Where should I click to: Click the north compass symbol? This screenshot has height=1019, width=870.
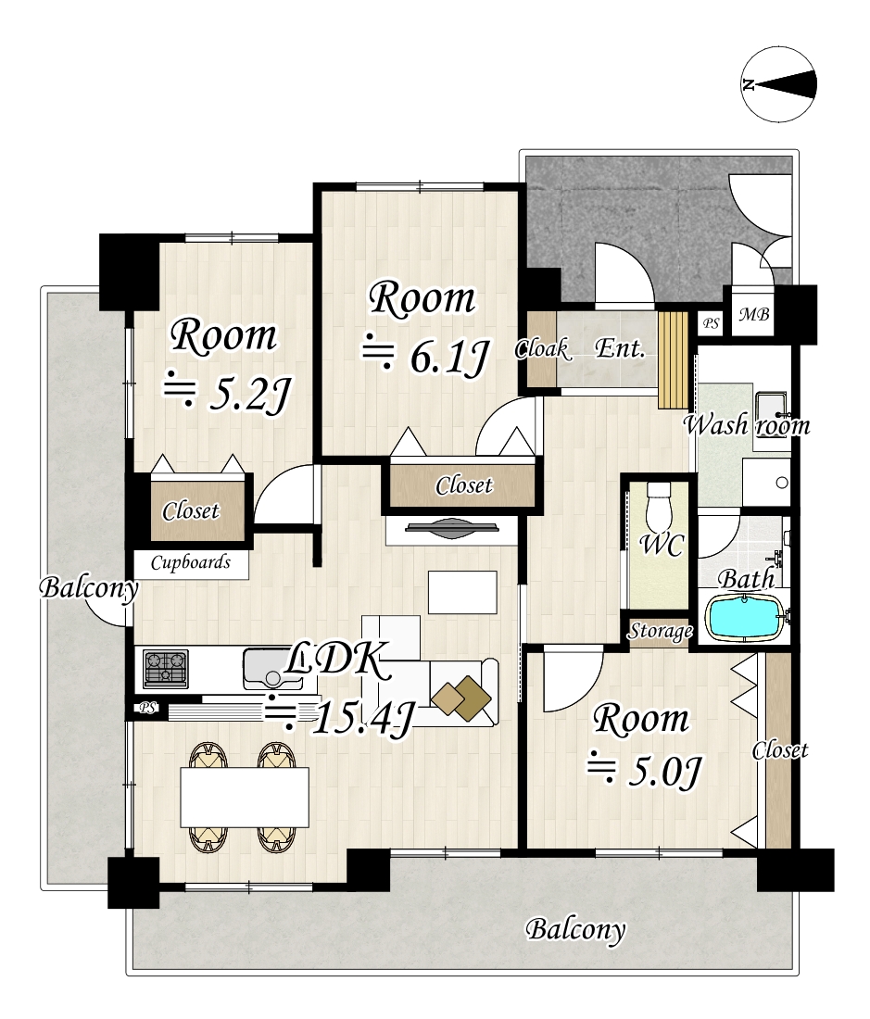(778, 83)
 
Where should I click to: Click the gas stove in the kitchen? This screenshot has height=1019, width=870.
(166, 669)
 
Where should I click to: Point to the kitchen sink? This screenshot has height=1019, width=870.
(272, 670)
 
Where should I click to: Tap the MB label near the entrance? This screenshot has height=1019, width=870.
(753, 315)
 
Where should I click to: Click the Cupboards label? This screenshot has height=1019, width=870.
(190, 562)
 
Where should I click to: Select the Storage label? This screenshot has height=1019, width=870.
(660, 631)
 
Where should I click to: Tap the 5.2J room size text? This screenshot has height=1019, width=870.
(225, 393)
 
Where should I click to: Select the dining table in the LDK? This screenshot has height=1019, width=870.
(245, 798)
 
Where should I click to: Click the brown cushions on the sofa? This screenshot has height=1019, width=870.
(461, 698)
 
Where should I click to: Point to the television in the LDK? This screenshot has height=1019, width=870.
(452, 528)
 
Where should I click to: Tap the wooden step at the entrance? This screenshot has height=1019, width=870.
(673, 360)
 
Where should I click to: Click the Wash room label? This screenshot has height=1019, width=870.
(747, 425)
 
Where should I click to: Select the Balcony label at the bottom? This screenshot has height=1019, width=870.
(575, 930)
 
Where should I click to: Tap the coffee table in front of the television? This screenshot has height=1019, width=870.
(462, 592)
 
